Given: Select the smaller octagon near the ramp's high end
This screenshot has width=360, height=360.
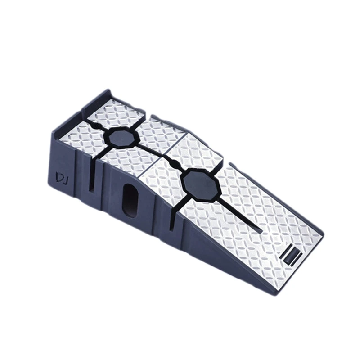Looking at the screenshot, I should click(x=120, y=139).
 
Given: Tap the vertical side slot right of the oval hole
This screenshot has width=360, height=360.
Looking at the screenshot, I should click(x=171, y=219).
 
